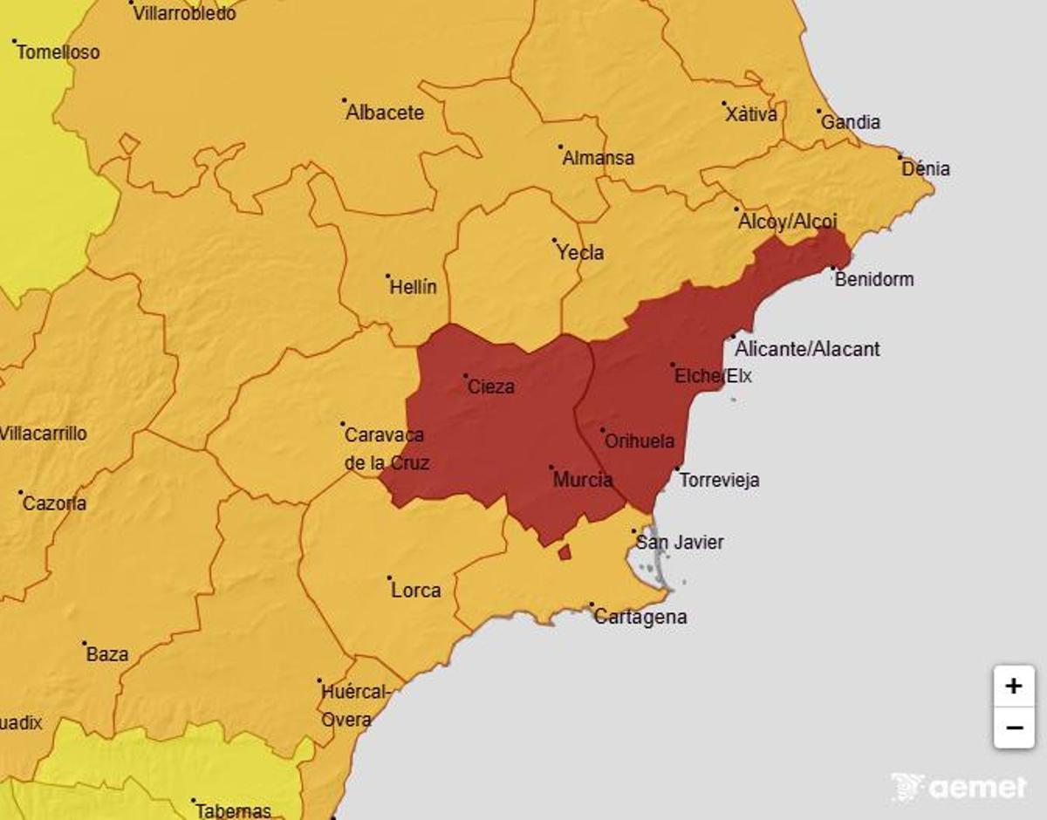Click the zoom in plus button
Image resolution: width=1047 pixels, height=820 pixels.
coord(1013,687)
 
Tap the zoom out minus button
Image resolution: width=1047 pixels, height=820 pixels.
coord(1013,728)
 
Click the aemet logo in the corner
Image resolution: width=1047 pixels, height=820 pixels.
coord(959,787)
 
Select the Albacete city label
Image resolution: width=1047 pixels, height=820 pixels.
coord(385,113)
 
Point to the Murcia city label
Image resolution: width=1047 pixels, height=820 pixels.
coord(582,480)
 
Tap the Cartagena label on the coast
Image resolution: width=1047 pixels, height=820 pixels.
coord(640,617)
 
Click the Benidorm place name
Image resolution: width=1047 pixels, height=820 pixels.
coord(874,279)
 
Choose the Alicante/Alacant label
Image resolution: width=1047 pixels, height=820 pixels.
coord(807,349)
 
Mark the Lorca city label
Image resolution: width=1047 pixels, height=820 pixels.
coord(415,591)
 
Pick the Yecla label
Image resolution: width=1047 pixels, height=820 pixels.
coord(580,253)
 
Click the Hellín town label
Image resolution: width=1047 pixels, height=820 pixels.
coord(414,287)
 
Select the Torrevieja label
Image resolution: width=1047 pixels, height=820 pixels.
coord(719,480)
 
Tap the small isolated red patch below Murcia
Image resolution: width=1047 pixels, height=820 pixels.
coord(565,552)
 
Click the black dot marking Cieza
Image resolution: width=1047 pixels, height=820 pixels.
coord(466,377)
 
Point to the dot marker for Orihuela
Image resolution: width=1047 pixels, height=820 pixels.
coord(603,430)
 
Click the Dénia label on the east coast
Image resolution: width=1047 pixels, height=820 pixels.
coord(926,168)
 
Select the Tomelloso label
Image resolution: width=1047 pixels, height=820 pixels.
coord(58,52)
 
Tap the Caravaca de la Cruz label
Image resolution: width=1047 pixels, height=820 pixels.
coord(386,449)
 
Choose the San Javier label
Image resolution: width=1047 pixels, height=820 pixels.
coord(680,543)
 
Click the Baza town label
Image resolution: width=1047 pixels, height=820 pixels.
coord(107,654)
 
